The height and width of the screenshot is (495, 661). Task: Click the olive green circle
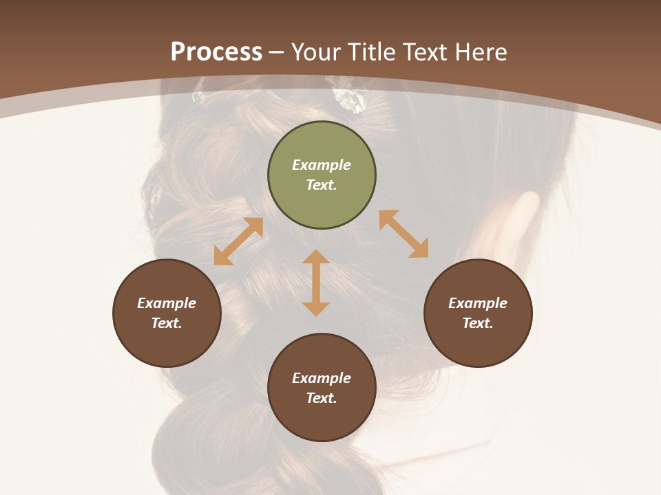pos(322,175)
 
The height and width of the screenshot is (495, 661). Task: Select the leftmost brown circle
pos(167,313)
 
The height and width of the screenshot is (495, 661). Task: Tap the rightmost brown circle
pos(478,313)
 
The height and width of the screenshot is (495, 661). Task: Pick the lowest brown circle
pos(322,388)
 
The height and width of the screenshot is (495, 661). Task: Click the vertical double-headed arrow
pos(316,283)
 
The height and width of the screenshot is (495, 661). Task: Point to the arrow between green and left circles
pos(238,241)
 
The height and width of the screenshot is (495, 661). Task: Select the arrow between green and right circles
pos(404,234)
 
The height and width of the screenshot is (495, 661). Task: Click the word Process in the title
pos(216,52)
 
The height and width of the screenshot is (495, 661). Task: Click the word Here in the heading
pos(480,52)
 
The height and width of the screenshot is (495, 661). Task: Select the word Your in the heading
pos(317,52)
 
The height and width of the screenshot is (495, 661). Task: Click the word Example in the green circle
pos(322,165)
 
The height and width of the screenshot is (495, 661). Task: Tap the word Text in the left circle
pos(166,323)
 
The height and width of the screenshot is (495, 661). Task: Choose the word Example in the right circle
pos(478,303)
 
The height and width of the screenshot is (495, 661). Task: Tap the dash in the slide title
pos(277,52)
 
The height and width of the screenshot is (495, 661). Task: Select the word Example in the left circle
pos(167,303)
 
